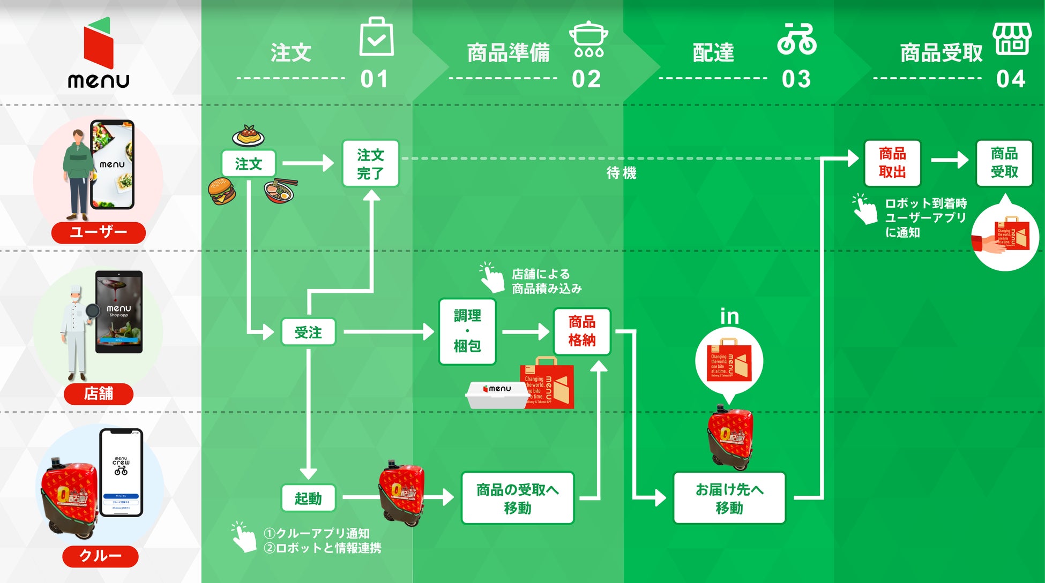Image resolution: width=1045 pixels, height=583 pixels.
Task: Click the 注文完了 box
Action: pyautogui.click(x=370, y=164)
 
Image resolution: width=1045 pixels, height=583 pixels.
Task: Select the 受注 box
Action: pyautogui.click(x=308, y=332)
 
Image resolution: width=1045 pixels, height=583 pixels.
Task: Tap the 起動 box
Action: pyautogui.click(x=308, y=498)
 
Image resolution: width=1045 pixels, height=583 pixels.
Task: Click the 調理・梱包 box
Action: pyautogui.click(x=467, y=331)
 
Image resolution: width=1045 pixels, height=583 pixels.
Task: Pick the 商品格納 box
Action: pyautogui.click(x=582, y=331)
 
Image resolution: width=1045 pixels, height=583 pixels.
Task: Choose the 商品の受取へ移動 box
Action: pyautogui.click(x=517, y=498)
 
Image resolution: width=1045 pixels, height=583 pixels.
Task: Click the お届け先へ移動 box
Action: pyautogui.click(x=729, y=498)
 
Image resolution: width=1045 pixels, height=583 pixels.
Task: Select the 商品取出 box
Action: pyautogui.click(x=892, y=163)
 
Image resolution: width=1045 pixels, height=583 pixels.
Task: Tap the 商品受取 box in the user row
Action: pyautogui.click(x=1004, y=163)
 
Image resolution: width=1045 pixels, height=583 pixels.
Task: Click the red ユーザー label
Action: pyautogui.click(x=99, y=232)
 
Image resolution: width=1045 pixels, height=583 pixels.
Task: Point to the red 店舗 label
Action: pyautogui.click(x=99, y=393)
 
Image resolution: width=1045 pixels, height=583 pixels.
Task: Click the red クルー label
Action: pyautogui.click(x=100, y=556)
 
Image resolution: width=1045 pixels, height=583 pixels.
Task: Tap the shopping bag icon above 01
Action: pyautogui.click(x=376, y=37)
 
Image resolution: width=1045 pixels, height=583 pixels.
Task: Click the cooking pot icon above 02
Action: pyautogui.click(x=588, y=39)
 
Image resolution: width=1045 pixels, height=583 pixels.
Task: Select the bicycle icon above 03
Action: pyautogui.click(x=797, y=39)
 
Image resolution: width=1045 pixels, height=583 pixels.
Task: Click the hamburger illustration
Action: pyautogui.click(x=222, y=191)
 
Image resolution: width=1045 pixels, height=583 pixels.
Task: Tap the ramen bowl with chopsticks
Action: pyautogui.click(x=280, y=191)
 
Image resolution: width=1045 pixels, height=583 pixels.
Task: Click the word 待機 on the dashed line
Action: pyautogui.click(x=621, y=173)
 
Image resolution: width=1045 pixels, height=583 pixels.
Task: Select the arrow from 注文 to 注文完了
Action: pyautogui.click(x=308, y=163)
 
